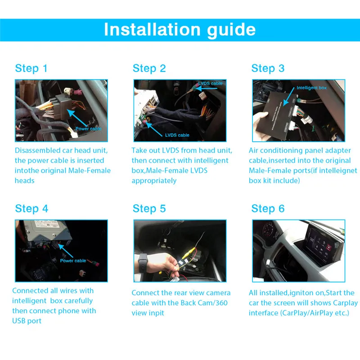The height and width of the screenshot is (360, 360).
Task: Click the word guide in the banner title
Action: (x=231, y=30)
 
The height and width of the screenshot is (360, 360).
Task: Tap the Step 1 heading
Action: (x=31, y=68)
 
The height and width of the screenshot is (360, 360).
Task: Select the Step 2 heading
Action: (x=149, y=68)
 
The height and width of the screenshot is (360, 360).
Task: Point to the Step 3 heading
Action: (x=268, y=68)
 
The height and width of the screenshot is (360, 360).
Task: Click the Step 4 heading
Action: (x=31, y=209)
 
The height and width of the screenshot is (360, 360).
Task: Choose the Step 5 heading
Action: (x=149, y=209)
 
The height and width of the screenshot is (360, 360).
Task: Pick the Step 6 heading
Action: (x=268, y=209)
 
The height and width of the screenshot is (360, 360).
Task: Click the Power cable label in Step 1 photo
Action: (x=88, y=129)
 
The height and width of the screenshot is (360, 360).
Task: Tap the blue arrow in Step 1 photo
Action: (x=77, y=118)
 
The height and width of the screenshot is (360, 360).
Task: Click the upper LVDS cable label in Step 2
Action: (x=210, y=83)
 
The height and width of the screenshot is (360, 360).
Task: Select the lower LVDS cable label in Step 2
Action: (x=177, y=135)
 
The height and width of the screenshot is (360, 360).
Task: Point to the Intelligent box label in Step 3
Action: (x=311, y=88)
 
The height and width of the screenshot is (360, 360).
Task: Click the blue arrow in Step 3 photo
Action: (x=289, y=96)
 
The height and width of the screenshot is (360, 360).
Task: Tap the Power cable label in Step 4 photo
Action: (x=73, y=261)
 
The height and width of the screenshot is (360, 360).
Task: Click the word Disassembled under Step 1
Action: (x=38, y=151)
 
